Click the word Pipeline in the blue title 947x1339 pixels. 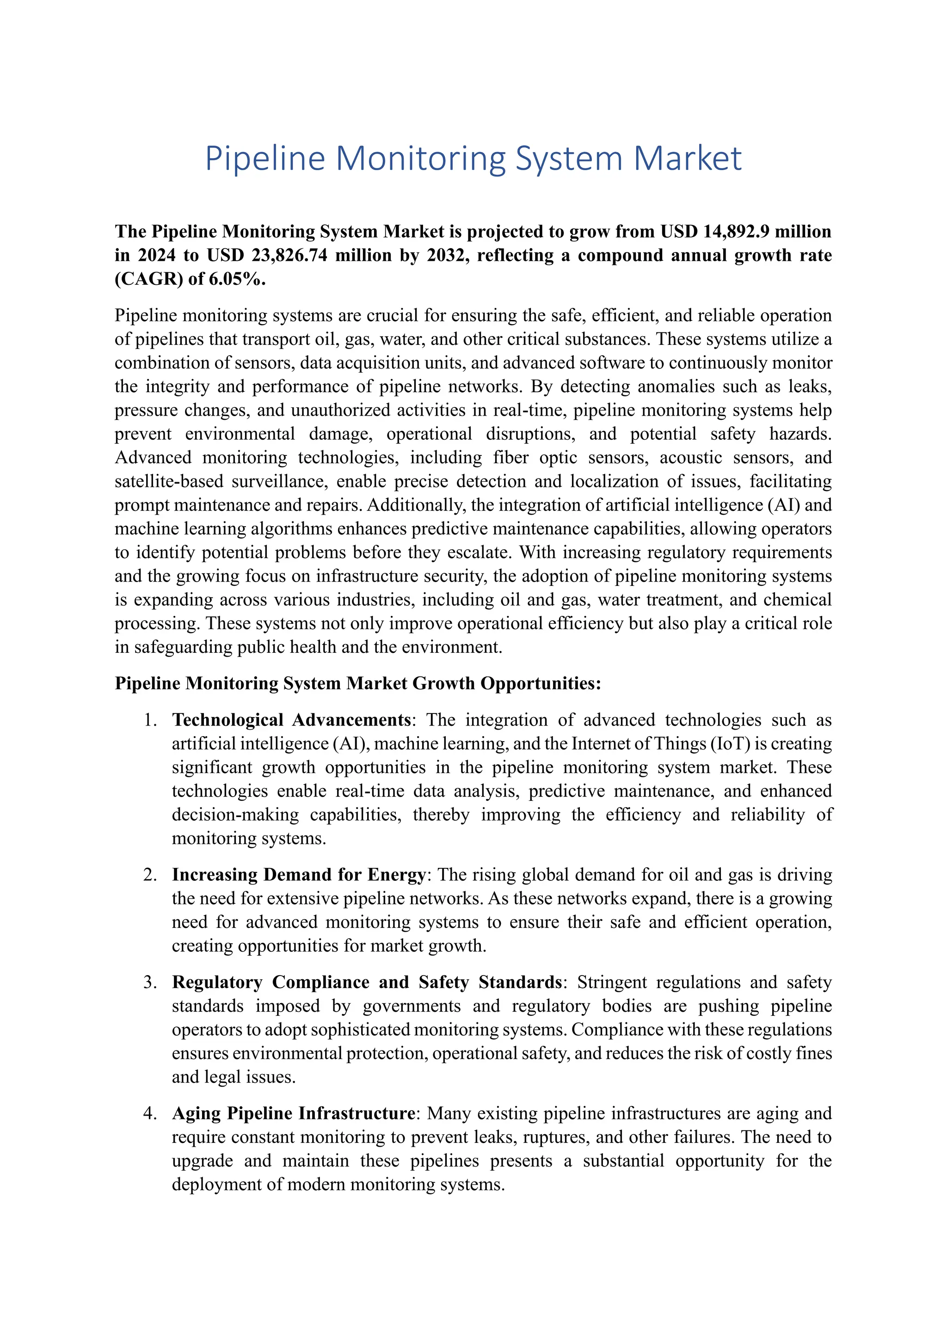point(265,159)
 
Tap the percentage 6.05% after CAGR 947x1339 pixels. point(237,279)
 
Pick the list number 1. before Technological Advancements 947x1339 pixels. point(150,720)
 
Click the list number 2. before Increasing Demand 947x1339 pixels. point(150,875)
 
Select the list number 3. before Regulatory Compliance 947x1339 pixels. point(150,982)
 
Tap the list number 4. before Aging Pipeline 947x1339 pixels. point(150,1113)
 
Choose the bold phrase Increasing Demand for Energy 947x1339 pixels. point(299,875)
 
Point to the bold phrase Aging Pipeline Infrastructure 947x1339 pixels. point(293,1113)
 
